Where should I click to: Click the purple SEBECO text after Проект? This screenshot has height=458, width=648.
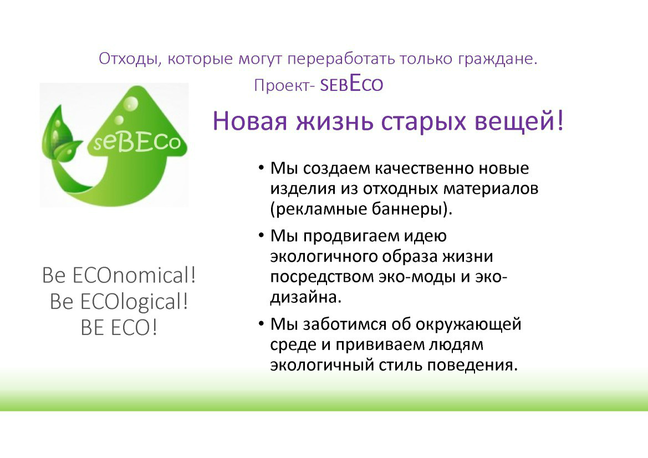pos(351,84)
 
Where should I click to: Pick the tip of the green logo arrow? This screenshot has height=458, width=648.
pos(137,86)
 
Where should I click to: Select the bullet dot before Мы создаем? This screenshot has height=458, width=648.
pos(261,168)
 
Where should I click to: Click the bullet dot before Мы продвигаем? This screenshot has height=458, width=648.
pos(261,235)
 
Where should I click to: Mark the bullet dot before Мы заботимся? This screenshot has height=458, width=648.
pos(261,324)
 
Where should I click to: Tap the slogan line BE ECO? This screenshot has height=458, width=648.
pos(119,328)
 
